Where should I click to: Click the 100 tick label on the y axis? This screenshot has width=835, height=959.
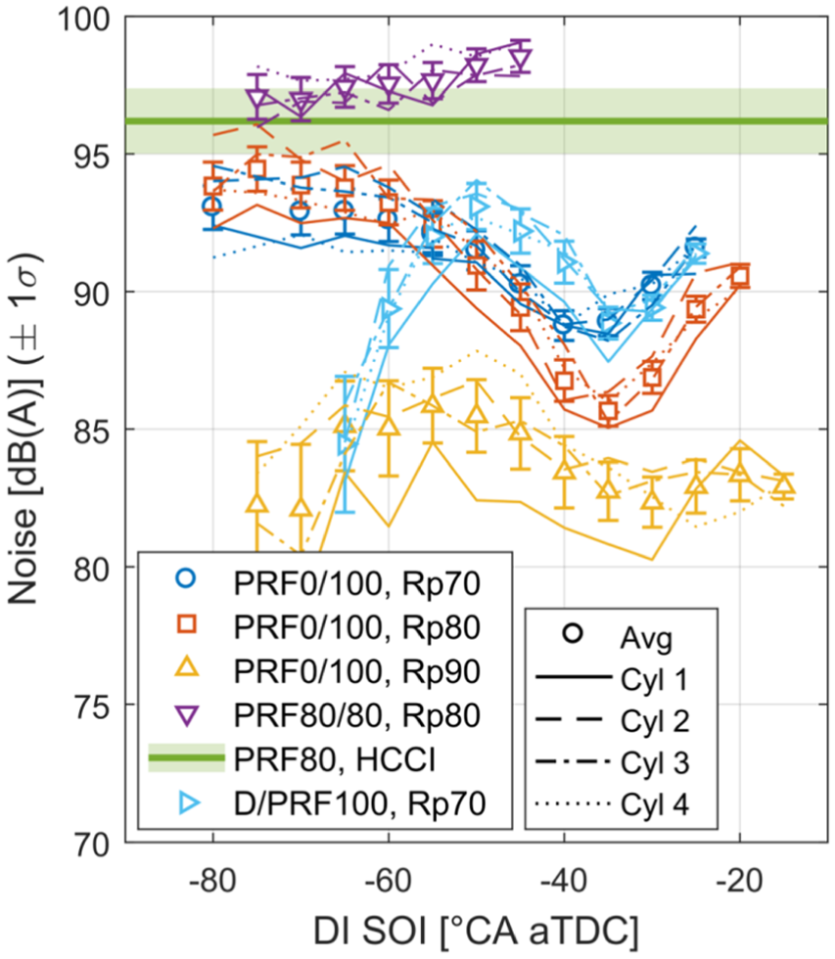tap(84, 19)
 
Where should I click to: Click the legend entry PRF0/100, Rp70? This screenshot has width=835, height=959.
tap(356, 584)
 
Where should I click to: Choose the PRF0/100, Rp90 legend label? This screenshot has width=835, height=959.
tap(356, 672)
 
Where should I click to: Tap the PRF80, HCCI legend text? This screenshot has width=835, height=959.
tap(335, 759)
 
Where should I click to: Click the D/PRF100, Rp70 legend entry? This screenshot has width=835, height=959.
tap(359, 803)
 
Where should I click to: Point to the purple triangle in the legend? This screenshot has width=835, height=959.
tap(187, 714)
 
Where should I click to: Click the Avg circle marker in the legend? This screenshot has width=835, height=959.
tap(573, 633)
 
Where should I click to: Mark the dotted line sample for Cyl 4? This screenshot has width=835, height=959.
tap(574, 803)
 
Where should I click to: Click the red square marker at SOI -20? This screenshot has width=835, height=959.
tap(740, 276)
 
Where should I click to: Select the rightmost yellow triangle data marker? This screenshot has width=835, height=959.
tap(784, 485)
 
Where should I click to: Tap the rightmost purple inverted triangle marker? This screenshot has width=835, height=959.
tap(521, 60)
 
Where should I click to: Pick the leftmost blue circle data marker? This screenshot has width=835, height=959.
tap(212, 206)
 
